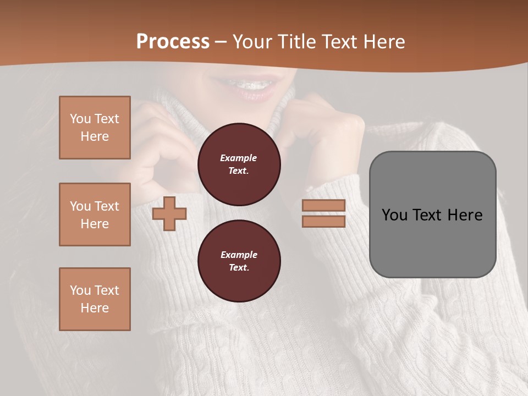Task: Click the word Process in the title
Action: coord(173,42)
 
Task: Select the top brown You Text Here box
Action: coord(95,128)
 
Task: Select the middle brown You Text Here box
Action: coord(95,215)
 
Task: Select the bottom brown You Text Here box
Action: coord(95,299)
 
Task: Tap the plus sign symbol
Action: coord(169,213)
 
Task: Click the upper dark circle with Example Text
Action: coord(239,164)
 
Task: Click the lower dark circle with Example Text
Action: coord(239,261)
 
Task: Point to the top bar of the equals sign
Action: coord(323,206)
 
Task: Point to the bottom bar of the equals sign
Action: coord(323,221)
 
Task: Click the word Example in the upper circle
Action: coord(239,158)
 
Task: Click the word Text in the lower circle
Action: coord(238,268)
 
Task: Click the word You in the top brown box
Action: coord(80,119)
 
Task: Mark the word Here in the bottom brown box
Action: coord(95,308)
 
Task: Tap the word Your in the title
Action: coord(252,42)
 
